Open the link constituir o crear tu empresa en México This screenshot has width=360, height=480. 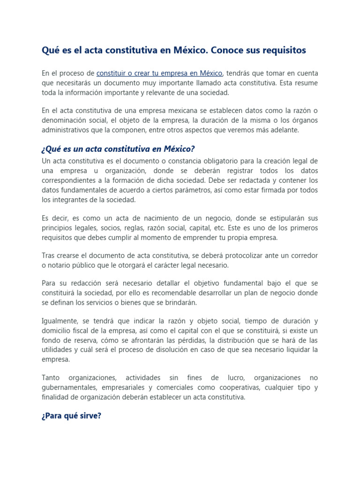(x=159, y=74)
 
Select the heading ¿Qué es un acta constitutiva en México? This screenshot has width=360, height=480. (x=118, y=149)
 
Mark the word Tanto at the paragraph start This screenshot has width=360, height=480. (x=51, y=377)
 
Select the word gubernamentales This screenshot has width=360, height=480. (x=68, y=387)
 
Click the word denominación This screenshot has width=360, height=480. (x=66, y=120)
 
